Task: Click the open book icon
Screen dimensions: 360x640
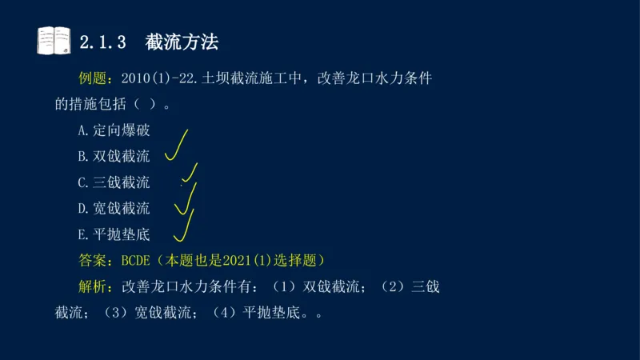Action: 54,41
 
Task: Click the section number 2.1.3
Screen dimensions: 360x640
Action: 105,42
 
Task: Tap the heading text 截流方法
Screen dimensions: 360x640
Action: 182,42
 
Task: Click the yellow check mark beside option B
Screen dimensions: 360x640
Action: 177,145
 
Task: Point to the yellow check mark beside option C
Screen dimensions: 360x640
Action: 190,174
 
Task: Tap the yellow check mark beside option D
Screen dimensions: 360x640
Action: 185,200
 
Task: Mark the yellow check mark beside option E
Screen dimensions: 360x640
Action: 184,226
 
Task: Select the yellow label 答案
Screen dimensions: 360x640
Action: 95,261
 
